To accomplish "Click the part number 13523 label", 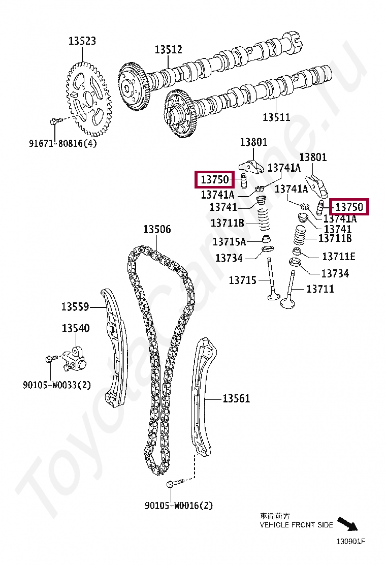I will [82, 41].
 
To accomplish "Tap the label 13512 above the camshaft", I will [169, 49].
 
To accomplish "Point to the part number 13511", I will [276, 117].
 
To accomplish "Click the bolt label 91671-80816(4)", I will [62, 143].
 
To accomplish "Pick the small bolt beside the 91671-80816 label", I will [55, 121].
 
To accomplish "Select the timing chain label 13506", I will [157, 230].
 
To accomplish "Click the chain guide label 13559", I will [75, 307].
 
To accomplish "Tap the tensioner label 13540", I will [76, 328].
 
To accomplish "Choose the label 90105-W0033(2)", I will [57, 385].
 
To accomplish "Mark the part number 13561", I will [236, 399].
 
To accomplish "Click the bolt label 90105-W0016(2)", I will [179, 506].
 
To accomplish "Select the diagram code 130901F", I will [350, 541].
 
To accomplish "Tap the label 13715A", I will [229, 241].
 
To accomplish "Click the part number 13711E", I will [339, 256].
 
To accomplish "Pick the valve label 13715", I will [242, 280].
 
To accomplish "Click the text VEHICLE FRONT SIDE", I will [296, 525].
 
